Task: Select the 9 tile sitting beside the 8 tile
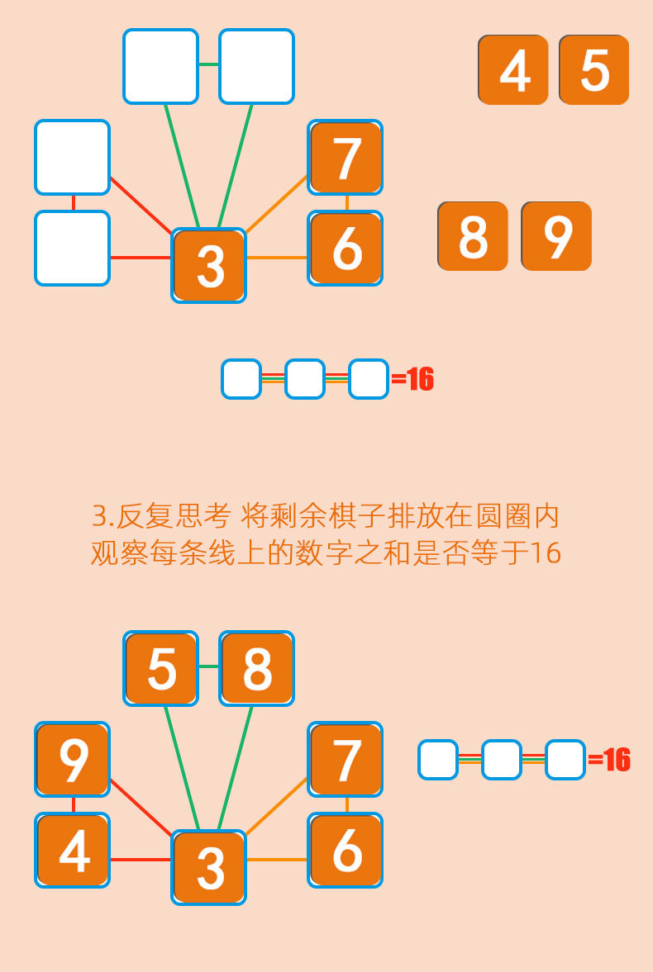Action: (556, 236)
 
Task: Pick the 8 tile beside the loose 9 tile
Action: (472, 236)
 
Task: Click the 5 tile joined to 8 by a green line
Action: (160, 669)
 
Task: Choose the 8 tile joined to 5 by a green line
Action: (256, 669)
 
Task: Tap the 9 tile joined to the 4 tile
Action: (73, 760)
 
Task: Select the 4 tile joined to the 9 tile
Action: (73, 851)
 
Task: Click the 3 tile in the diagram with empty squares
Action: (209, 265)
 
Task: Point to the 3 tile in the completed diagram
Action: (209, 867)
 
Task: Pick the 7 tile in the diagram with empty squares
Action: (346, 158)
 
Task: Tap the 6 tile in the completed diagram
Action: (346, 851)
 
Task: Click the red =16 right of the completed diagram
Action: (610, 760)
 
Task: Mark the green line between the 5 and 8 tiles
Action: (209, 666)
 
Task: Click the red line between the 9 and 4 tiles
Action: (74, 805)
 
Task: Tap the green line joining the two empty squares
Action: (209, 64)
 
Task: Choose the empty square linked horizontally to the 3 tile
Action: (73, 249)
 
